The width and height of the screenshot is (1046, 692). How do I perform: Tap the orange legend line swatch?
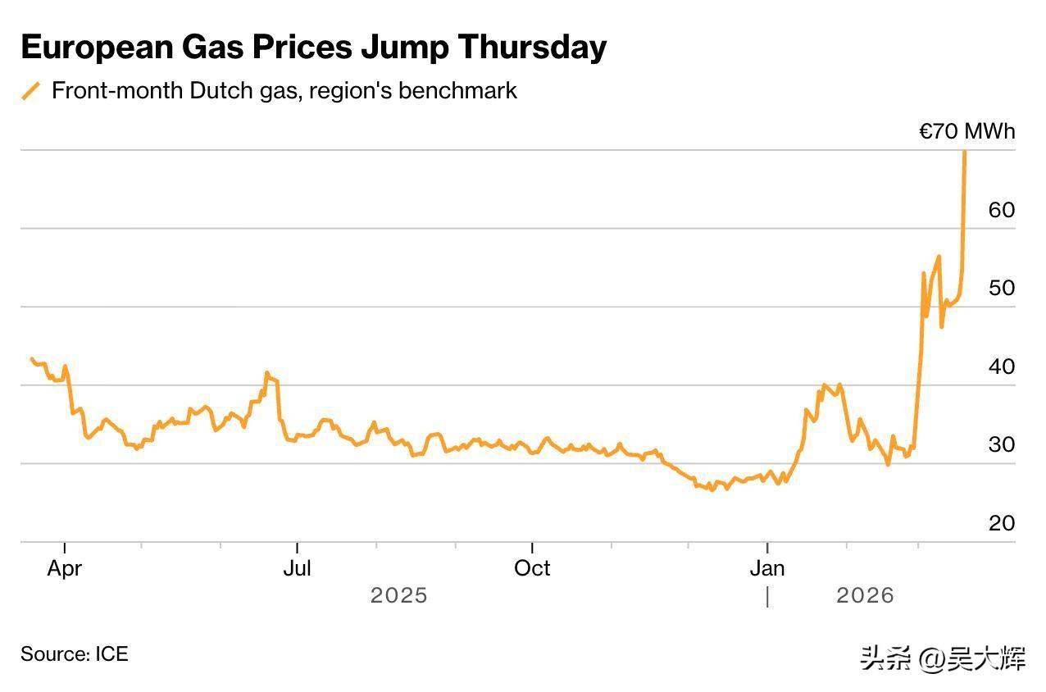point(31,90)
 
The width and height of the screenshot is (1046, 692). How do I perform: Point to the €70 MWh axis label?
point(966,131)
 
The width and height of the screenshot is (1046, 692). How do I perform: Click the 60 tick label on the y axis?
point(1002,210)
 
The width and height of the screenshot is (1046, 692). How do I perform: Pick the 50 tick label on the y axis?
point(1002,288)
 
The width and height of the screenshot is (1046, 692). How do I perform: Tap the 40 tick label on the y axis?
point(1002,366)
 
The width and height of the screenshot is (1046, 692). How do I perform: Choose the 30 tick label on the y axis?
point(1002,444)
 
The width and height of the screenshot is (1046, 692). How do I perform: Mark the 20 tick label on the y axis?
point(1002,523)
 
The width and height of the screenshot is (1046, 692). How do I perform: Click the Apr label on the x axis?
point(64,568)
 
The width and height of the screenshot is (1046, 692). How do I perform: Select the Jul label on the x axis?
point(297,568)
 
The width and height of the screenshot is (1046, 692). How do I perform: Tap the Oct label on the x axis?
point(532,568)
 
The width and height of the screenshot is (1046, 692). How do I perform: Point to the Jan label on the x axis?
point(767,568)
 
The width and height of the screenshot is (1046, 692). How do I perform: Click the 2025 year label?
point(398,595)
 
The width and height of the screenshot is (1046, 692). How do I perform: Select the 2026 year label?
point(865,595)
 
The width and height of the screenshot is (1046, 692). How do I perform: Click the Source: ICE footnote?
point(75,654)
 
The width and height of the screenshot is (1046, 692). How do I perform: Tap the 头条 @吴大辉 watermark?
point(942,658)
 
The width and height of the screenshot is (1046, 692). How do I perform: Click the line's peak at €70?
point(964,153)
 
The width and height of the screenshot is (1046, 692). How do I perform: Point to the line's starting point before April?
point(31,359)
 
